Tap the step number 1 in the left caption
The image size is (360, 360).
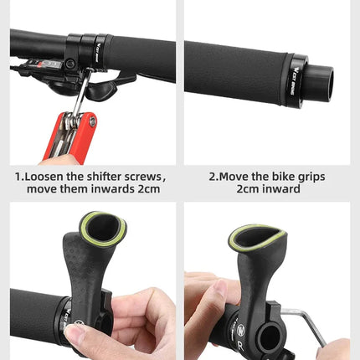click(x=18, y=177)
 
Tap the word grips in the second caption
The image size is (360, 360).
click(x=306, y=177)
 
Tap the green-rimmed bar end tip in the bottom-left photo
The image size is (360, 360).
click(x=103, y=228)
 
